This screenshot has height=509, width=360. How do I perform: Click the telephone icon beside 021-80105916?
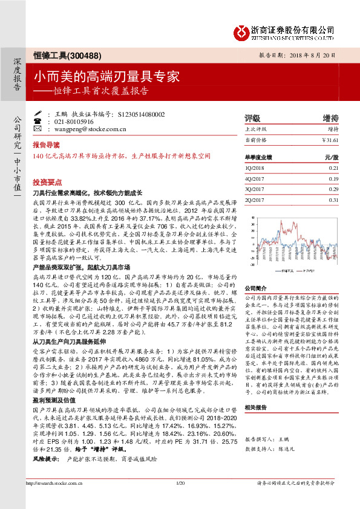coord(38,122)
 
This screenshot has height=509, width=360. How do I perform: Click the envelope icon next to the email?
coord(38,129)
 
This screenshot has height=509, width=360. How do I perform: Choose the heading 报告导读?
coord(47,145)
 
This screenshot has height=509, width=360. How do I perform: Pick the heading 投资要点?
coord(47,181)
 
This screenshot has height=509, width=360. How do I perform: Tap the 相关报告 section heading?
coord(255,391)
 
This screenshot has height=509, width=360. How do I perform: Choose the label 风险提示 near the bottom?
coord(45,443)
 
